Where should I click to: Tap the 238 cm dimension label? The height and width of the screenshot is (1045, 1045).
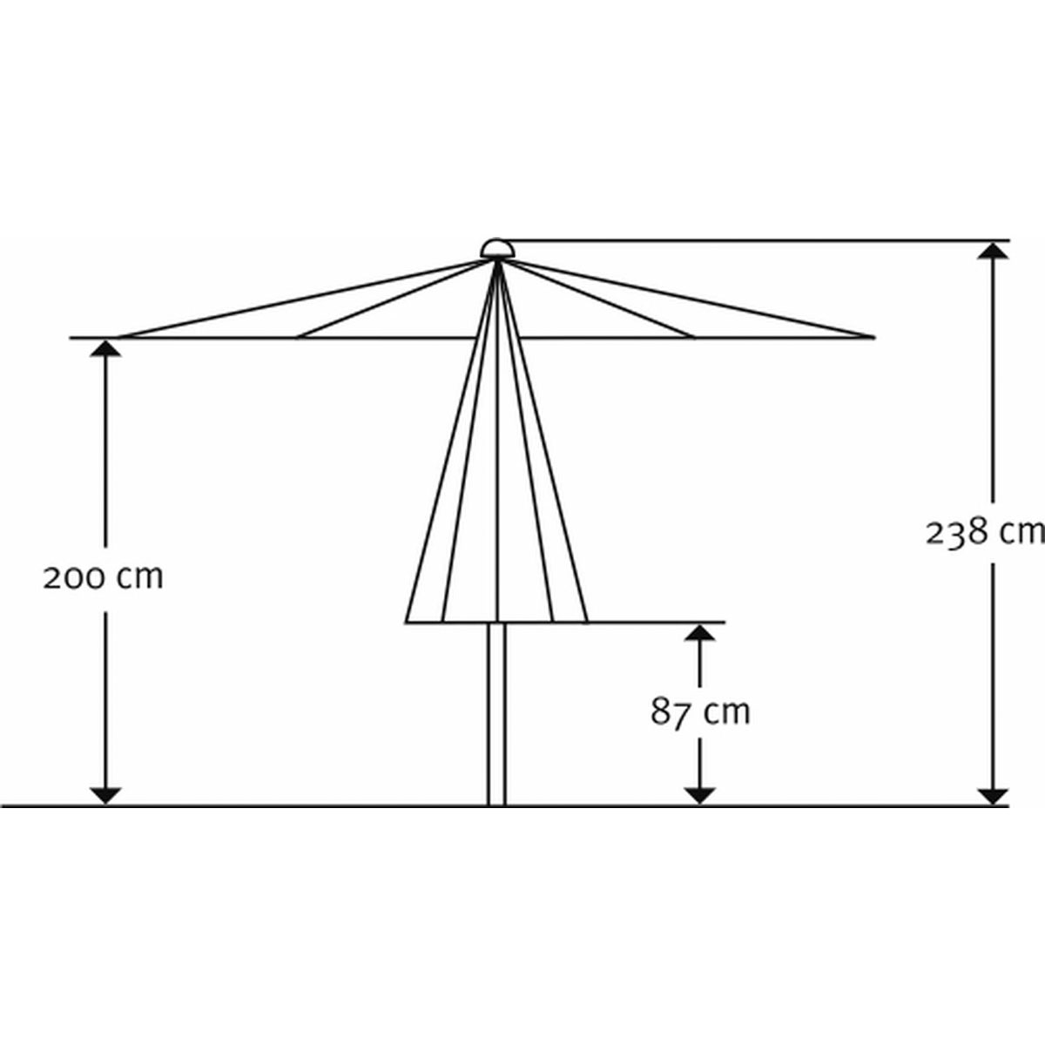click(984, 531)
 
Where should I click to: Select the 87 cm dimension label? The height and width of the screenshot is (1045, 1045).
click(700, 712)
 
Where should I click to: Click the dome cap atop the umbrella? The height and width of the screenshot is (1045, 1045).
click(497, 248)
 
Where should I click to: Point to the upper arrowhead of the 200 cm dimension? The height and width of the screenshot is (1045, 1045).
click(105, 348)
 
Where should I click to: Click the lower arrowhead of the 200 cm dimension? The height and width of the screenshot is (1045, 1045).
click(105, 795)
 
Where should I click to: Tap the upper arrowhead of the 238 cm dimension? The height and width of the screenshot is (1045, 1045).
click(993, 251)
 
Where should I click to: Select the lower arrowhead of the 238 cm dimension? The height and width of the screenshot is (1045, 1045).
click(993, 795)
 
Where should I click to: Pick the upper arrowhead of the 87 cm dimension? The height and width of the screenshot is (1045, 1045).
click(699, 633)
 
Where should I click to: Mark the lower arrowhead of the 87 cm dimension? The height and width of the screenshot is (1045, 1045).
click(699, 795)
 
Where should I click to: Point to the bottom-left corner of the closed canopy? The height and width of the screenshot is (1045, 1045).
click(407, 622)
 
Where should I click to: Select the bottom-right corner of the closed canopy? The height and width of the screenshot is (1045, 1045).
click(587, 622)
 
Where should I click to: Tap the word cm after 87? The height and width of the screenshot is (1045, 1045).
click(726, 712)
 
